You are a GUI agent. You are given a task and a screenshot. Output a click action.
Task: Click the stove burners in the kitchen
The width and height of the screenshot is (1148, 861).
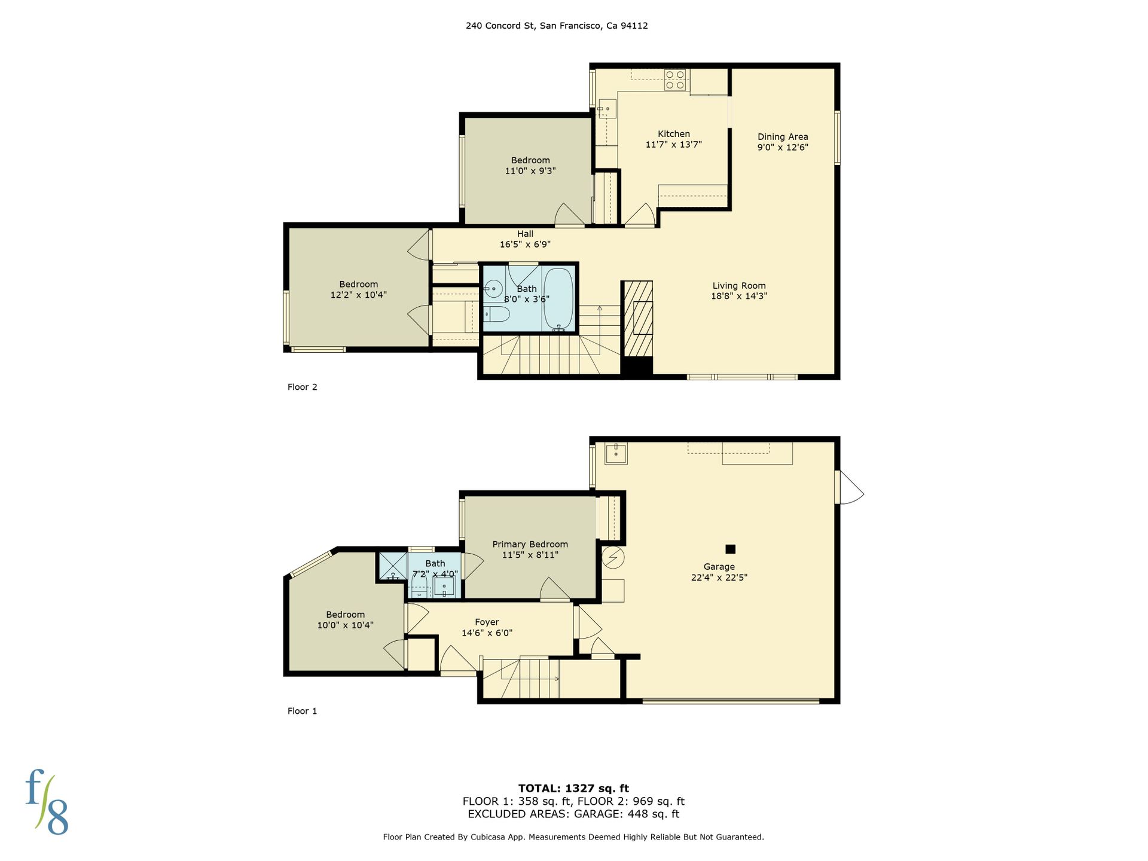tap(675, 80)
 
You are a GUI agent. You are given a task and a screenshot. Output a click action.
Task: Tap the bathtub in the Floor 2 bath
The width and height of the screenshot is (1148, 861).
tap(558, 299)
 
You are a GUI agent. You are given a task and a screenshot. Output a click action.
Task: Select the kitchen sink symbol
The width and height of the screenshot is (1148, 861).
tap(607, 108)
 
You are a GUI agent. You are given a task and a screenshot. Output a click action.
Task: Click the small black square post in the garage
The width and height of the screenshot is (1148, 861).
tap(730, 549)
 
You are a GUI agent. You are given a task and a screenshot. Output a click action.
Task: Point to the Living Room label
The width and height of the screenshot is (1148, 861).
tap(739, 286)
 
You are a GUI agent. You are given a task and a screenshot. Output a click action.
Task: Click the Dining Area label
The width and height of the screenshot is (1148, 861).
tap(783, 137)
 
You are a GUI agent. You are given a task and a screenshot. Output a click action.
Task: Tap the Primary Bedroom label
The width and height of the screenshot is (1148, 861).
tap(530, 544)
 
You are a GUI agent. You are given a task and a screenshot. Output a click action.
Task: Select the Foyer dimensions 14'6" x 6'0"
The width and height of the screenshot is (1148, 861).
tap(487, 633)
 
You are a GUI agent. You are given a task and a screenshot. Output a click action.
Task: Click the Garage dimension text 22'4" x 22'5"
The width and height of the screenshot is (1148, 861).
tap(719, 578)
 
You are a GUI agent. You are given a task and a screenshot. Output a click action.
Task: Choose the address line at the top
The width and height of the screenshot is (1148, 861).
tap(557, 26)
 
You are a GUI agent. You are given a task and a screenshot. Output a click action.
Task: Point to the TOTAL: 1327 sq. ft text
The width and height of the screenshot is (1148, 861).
tap(573, 788)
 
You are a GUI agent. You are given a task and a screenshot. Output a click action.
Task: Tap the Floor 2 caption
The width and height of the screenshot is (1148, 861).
tap(303, 387)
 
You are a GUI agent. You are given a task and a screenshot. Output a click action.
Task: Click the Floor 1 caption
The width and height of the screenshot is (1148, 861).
tap(303, 711)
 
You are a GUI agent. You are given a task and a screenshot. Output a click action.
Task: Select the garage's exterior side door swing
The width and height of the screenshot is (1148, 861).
tap(850, 487)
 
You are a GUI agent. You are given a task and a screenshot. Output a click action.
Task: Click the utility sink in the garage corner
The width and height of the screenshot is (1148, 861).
tap(616, 454)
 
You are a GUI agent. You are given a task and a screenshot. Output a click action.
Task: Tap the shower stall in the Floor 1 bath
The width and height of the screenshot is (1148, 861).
tap(392, 566)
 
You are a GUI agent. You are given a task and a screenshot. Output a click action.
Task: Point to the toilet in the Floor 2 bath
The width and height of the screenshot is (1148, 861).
tap(496, 314)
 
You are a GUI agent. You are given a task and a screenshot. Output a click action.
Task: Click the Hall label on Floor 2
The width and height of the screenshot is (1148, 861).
tap(526, 234)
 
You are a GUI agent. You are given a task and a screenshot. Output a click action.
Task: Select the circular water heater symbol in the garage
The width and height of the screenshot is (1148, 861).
tap(613, 557)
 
